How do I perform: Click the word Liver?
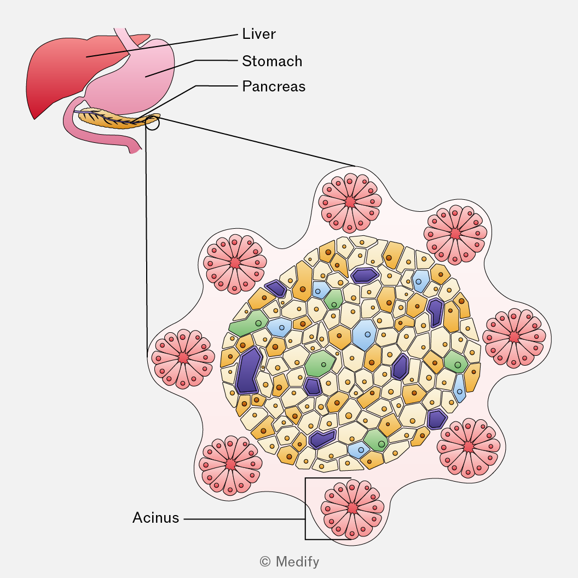259,34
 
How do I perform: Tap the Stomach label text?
272,61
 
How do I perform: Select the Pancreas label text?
274,86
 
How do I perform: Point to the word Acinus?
155,518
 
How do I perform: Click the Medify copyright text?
290,562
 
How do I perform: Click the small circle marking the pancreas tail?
153,123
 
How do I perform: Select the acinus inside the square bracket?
352,508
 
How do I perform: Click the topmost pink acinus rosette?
350,202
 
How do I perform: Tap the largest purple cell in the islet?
248,371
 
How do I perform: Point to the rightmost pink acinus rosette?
514,338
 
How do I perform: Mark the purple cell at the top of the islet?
365,275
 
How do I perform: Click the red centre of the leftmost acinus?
183,358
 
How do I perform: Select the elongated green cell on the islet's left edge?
248,323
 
